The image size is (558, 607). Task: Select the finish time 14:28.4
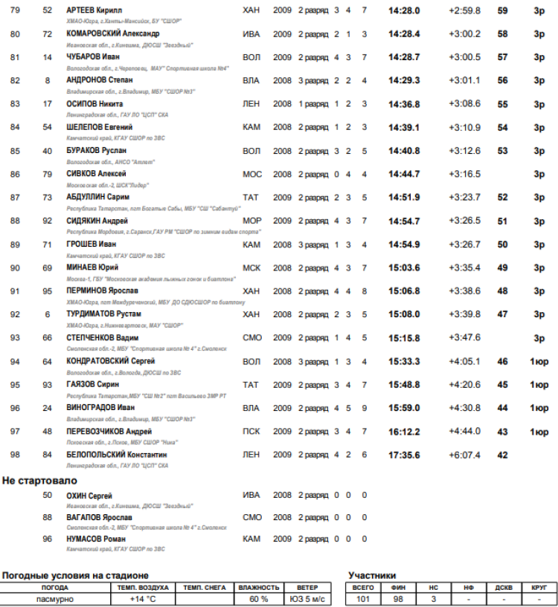point(404,34)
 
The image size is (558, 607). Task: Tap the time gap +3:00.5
point(464,57)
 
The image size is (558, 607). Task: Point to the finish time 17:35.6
point(404,455)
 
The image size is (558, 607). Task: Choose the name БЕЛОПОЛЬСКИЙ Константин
point(116,455)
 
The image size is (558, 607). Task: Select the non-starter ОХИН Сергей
point(89,496)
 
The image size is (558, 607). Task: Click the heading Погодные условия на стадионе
point(75,575)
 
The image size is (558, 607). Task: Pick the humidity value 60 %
point(258,599)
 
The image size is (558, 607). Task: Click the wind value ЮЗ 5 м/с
point(307,599)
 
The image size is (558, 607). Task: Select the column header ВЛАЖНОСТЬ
point(259,587)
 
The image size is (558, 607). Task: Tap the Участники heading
point(371,575)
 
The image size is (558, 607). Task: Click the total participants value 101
point(363,599)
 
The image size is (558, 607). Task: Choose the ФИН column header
point(399,587)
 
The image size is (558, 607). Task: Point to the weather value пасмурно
point(54,599)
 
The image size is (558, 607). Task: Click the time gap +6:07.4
point(464,455)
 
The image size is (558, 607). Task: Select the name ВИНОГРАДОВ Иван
point(100,408)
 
